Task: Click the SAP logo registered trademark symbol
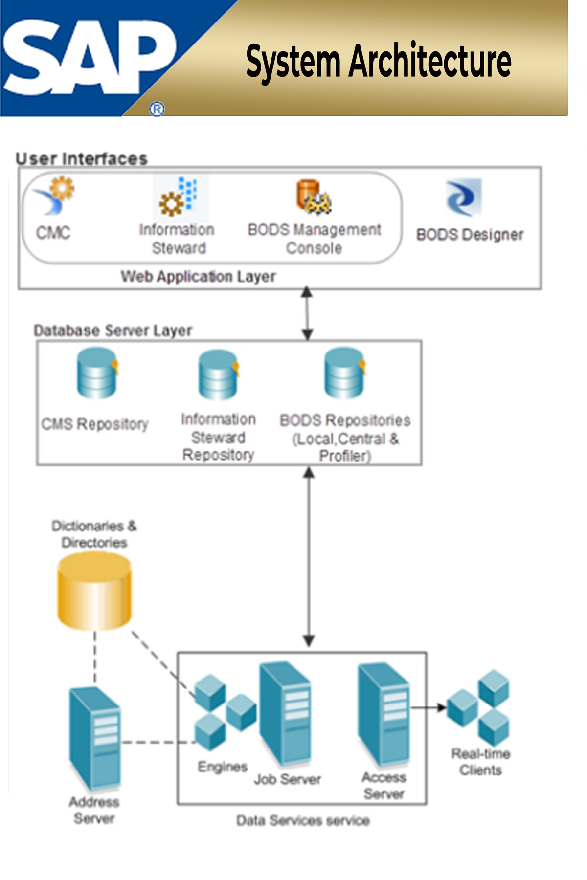pos(157,109)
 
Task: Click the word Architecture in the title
pos(429,61)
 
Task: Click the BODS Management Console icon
pos(314,198)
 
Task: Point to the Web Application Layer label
pos(198,277)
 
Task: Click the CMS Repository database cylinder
pos(97,374)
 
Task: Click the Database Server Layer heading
pos(113,331)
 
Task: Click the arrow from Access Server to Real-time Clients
pos(428,707)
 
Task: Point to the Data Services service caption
pos(303,820)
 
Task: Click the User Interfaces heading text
pos(81,159)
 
